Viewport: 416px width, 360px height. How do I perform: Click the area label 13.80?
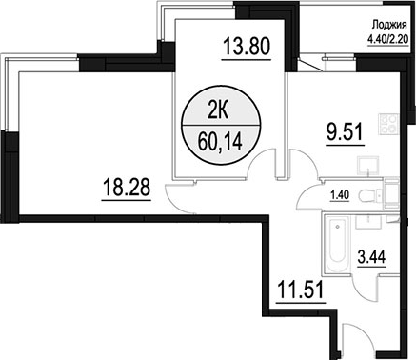click(247, 46)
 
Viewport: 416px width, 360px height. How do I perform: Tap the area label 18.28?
click(127, 187)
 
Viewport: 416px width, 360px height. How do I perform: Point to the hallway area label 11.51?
click(300, 290)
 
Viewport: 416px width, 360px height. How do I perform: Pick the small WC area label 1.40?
click(340, 195)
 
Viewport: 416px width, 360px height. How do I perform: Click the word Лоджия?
click(389, 25)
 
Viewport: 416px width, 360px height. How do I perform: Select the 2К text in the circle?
click(218, 112)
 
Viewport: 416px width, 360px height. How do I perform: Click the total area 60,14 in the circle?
click(220, 142)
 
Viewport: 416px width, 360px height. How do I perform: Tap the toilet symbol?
click(370, 195)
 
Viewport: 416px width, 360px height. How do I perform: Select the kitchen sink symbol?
click(368, 165)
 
